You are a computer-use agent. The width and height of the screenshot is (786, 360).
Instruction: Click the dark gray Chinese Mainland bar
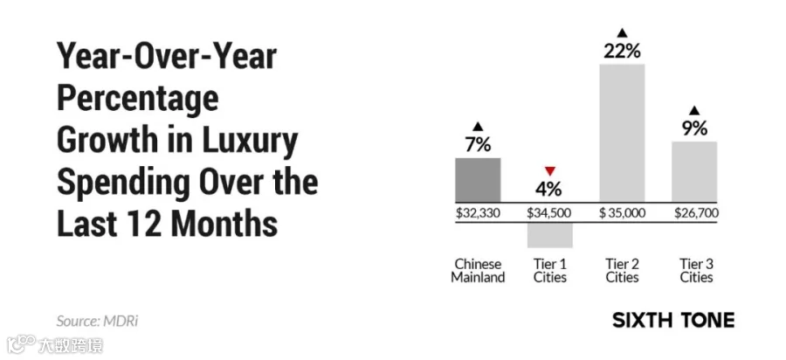point(477,180)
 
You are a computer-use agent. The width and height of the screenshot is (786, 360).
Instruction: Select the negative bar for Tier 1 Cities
point(550,235)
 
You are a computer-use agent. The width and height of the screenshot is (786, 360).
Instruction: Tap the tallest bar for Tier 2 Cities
point(622,134)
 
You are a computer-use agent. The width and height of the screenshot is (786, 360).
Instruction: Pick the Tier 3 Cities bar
point(694,172)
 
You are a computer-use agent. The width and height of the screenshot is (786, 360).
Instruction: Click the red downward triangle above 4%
point(550,171)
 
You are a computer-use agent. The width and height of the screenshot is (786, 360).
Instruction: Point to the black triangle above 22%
point(622,33)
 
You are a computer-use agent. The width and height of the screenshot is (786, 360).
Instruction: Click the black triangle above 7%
point(478,127)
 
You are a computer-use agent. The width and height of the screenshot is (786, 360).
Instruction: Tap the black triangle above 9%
point(694,111)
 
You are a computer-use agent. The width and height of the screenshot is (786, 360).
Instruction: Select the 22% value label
point(622,52)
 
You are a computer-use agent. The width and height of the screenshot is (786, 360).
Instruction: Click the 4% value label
point(550,189)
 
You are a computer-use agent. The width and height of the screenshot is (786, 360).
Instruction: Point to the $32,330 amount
point(478,213)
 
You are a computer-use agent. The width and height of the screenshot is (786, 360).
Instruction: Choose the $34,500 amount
point(549,213)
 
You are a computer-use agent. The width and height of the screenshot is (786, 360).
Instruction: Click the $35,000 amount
point(622,213)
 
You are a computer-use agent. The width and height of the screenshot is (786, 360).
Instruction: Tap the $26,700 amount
point(696,213)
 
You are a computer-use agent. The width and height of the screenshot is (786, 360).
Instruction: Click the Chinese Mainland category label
point(478,271)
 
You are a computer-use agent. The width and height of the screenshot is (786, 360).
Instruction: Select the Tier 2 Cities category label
point(622,271)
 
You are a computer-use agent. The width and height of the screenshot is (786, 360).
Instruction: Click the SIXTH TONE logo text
point(673,320)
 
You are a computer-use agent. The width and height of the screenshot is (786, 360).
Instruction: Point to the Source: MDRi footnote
point(97,321)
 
